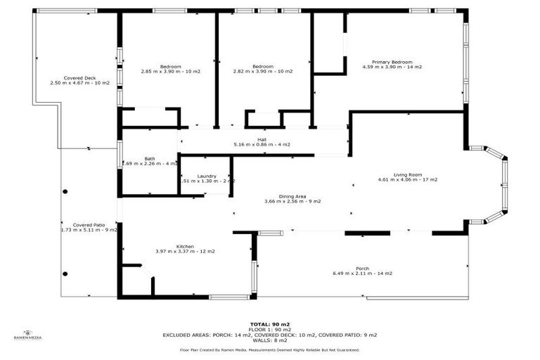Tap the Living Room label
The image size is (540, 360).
click(x=406, y=174)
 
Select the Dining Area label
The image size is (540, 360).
click(x=292, y=196)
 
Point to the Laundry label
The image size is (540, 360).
click(x=207, y=176)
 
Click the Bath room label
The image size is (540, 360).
click(x=150, y=159)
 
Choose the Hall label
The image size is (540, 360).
click(x=262, y=140)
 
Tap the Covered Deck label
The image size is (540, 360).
click(x=79, y=78)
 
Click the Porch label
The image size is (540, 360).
click(x=362, y=269)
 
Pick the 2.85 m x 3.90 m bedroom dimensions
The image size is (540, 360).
click(x=170, y=71)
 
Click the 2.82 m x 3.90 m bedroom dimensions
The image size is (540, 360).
click(x=262, y=71)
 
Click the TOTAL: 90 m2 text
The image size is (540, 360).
click(x=270, y=324)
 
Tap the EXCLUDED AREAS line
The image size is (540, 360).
click(x=270, y=335)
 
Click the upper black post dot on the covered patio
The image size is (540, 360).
click(x=65, y=191)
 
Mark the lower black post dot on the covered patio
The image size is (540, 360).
click(x=65, y=274)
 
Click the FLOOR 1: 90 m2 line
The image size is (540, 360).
click(x=270, y=330)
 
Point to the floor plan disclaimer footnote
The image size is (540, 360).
click(x=270, y=349)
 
